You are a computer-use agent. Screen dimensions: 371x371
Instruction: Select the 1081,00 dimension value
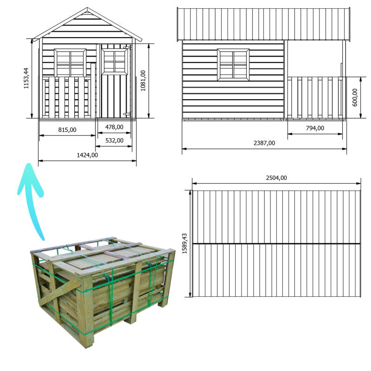tap(143, 81)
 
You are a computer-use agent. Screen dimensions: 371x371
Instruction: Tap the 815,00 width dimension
tap(67, 130)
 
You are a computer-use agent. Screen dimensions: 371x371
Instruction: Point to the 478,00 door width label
tap(114, 127)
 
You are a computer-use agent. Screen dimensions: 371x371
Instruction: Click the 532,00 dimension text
tap(114, 140)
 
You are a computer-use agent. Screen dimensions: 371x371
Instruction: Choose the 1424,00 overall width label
tap(87, 155)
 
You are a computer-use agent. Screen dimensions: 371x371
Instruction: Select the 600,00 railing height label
tap(355, 98)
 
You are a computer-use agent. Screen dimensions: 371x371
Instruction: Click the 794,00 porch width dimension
tap(315, 128)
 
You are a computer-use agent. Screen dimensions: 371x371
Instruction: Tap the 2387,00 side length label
tap(264, 143)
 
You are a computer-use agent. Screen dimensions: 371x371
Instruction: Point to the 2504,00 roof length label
tap(276, 178)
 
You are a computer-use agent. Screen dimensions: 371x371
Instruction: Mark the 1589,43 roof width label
tap(185, 243)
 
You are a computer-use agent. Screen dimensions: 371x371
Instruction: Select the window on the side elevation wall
tap(233, 64)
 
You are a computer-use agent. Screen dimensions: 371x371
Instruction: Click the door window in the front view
tap(114, 61)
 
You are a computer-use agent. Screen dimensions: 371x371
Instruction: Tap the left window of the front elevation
tap(70, 63)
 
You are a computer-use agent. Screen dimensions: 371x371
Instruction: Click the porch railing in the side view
tap(315, 97)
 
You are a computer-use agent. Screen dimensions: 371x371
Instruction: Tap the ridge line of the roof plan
tap(276, 243)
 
